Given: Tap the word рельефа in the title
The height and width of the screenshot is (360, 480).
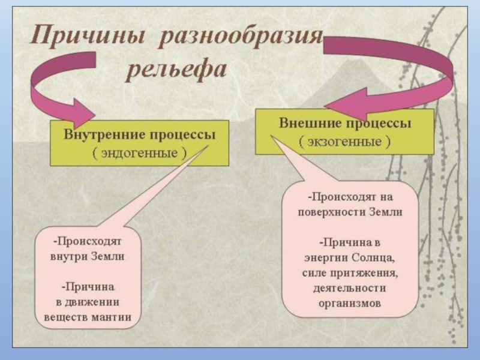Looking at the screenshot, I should click(175, 71).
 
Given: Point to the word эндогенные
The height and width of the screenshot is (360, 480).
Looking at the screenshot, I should click(139, 152).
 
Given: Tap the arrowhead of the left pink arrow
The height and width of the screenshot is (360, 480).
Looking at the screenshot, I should click(84, 113).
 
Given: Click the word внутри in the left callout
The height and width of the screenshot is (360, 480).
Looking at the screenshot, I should click(67, 256).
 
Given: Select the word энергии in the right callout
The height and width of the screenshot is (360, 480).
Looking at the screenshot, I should click(322, 257).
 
